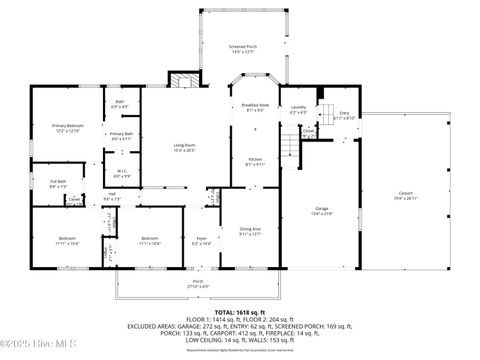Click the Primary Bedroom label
[x=67, y=127]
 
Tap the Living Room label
[x=182, y=147]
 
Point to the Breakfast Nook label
[x=254, y=107]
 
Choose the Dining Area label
[x=249, y=233]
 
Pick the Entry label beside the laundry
[x=344, y=115]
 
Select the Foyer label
[x=201, y=240]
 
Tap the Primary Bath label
[x=122, y=135]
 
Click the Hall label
[x=112, y=196]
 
